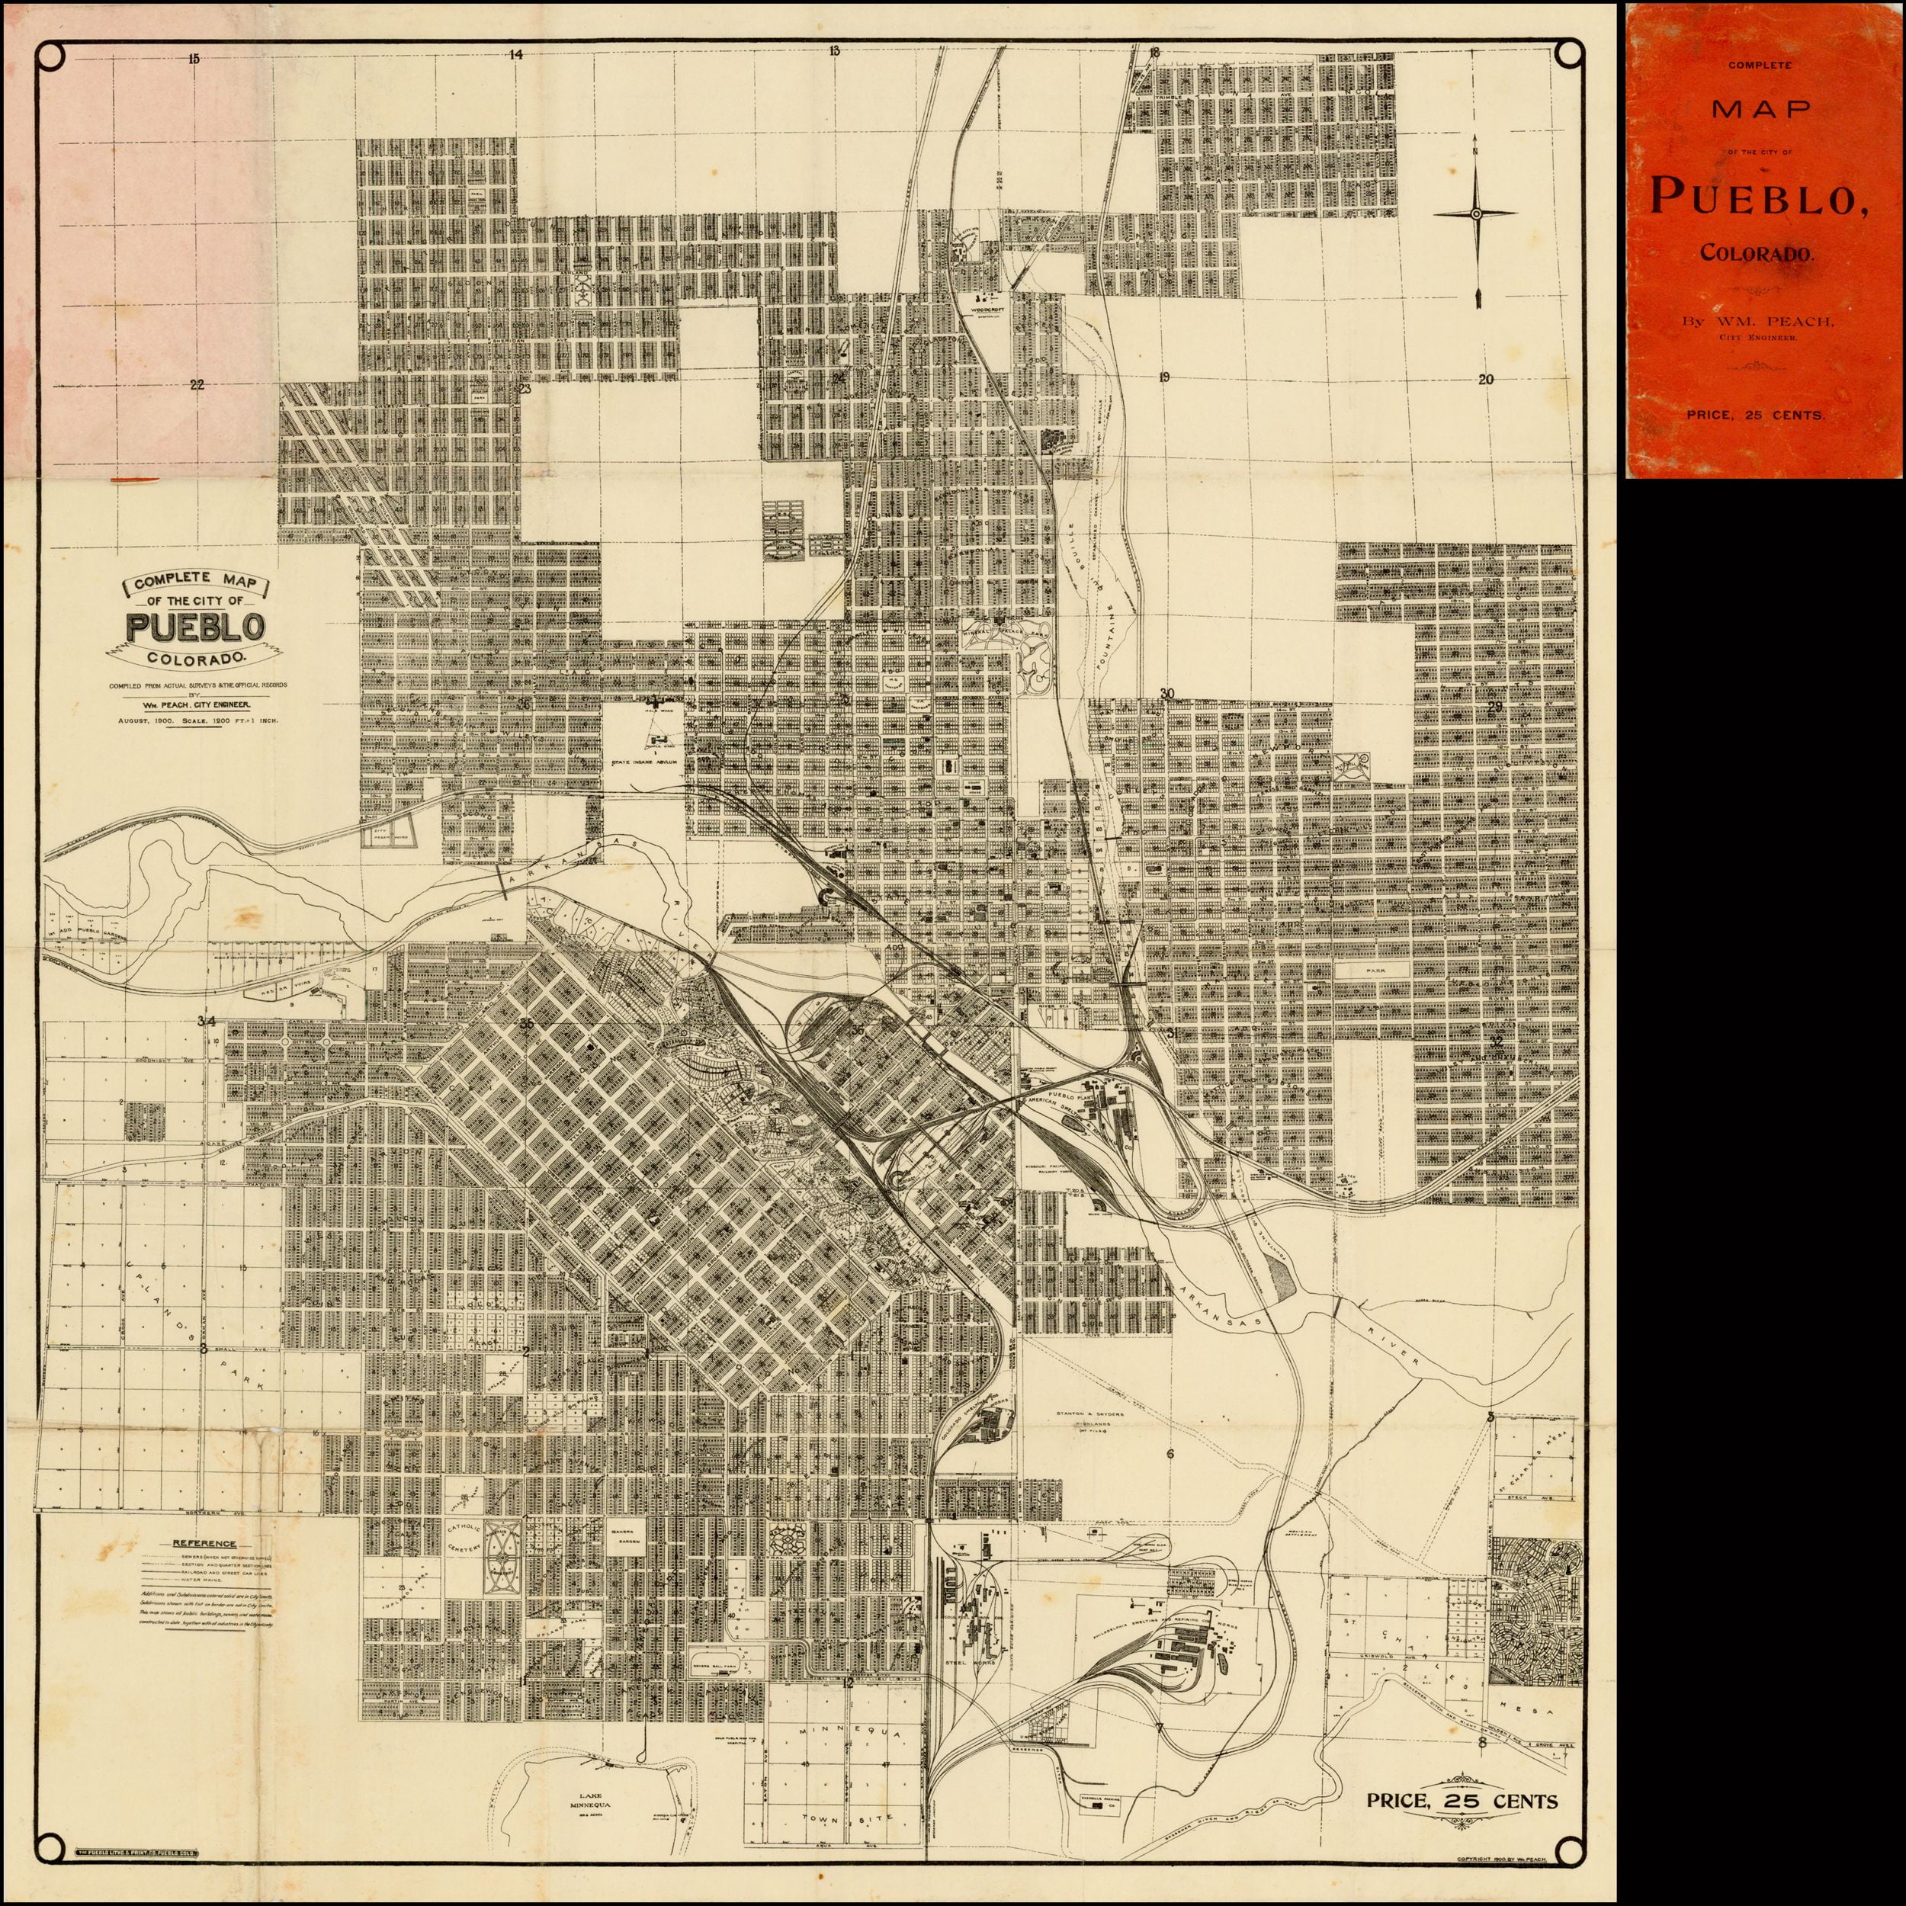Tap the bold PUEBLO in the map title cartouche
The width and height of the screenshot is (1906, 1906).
(x=195, y=627)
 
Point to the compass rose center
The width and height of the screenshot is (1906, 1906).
(x=1476, y=213)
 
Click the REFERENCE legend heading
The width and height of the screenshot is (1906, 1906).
(x=205, y=1544)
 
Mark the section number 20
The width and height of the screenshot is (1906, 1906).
(x=1487, y=379)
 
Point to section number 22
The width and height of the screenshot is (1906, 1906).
(x=197, y=385)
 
